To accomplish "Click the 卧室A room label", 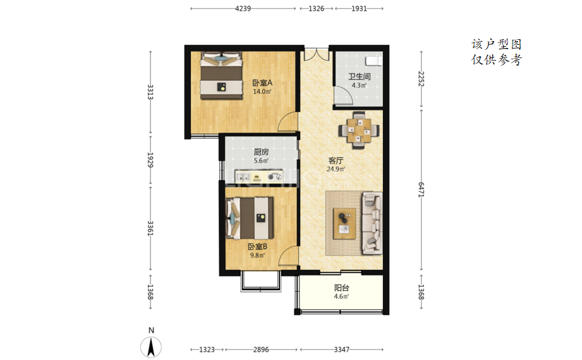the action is click(262, 83).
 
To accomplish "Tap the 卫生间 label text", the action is click(359, 77).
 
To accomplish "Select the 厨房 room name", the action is click(261, 152).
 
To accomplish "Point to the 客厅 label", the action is click(336, 160).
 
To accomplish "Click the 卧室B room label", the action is click(257, 246).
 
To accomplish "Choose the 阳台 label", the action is click(341, 287).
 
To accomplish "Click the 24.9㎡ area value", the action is click(336, 169).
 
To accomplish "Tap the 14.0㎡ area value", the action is click(262, 92).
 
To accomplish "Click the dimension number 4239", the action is click(243, 9).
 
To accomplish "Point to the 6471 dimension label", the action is click(421, 189).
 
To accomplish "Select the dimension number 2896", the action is click(261, 350).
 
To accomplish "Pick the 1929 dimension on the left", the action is click(150, 160).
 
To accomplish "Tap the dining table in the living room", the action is click(358, 130).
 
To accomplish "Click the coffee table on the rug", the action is click(344, 224).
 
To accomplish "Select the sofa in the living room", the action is click(372, 223).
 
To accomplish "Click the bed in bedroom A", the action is click(221, 76).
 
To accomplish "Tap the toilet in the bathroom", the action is click(373, 61).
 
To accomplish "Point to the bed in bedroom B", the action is click(250, 218).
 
